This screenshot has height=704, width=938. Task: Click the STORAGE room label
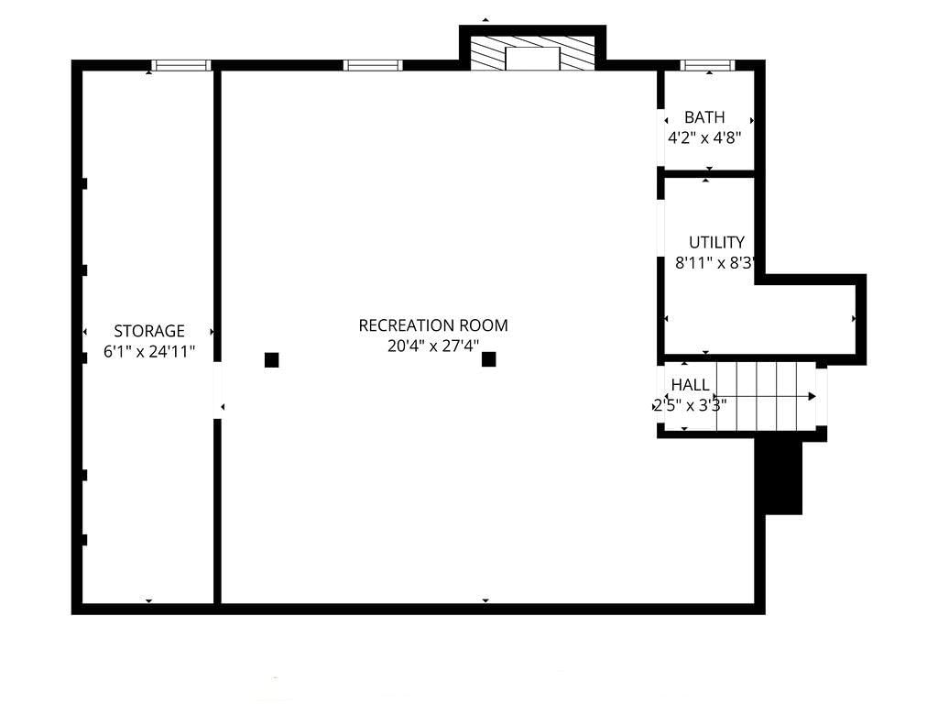[149, 331]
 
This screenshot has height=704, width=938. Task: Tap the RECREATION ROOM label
[433, 325]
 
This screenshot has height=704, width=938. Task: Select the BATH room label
[704, 117]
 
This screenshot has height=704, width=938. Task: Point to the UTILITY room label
[716, 242]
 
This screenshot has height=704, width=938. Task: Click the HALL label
[691, 385]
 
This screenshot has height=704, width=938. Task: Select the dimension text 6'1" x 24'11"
[149, 351]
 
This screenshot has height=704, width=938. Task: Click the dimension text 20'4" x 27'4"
[433, 346]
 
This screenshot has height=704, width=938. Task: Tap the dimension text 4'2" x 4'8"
[704, 138]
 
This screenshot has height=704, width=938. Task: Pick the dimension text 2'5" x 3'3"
[690, 406]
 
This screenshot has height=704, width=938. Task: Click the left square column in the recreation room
[271, 359]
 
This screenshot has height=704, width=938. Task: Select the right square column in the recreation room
[489, 359]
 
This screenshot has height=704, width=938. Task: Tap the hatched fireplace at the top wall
[532, 53]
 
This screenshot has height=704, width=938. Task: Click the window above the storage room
[180, 65]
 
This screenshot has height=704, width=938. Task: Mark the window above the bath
[708, 65]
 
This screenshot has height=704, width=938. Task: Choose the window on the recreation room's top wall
[373, 65]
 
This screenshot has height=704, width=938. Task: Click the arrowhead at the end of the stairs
[812, 396]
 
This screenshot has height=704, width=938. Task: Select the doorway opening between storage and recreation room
[217, 390]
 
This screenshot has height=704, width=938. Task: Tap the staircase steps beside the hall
[767, 396]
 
